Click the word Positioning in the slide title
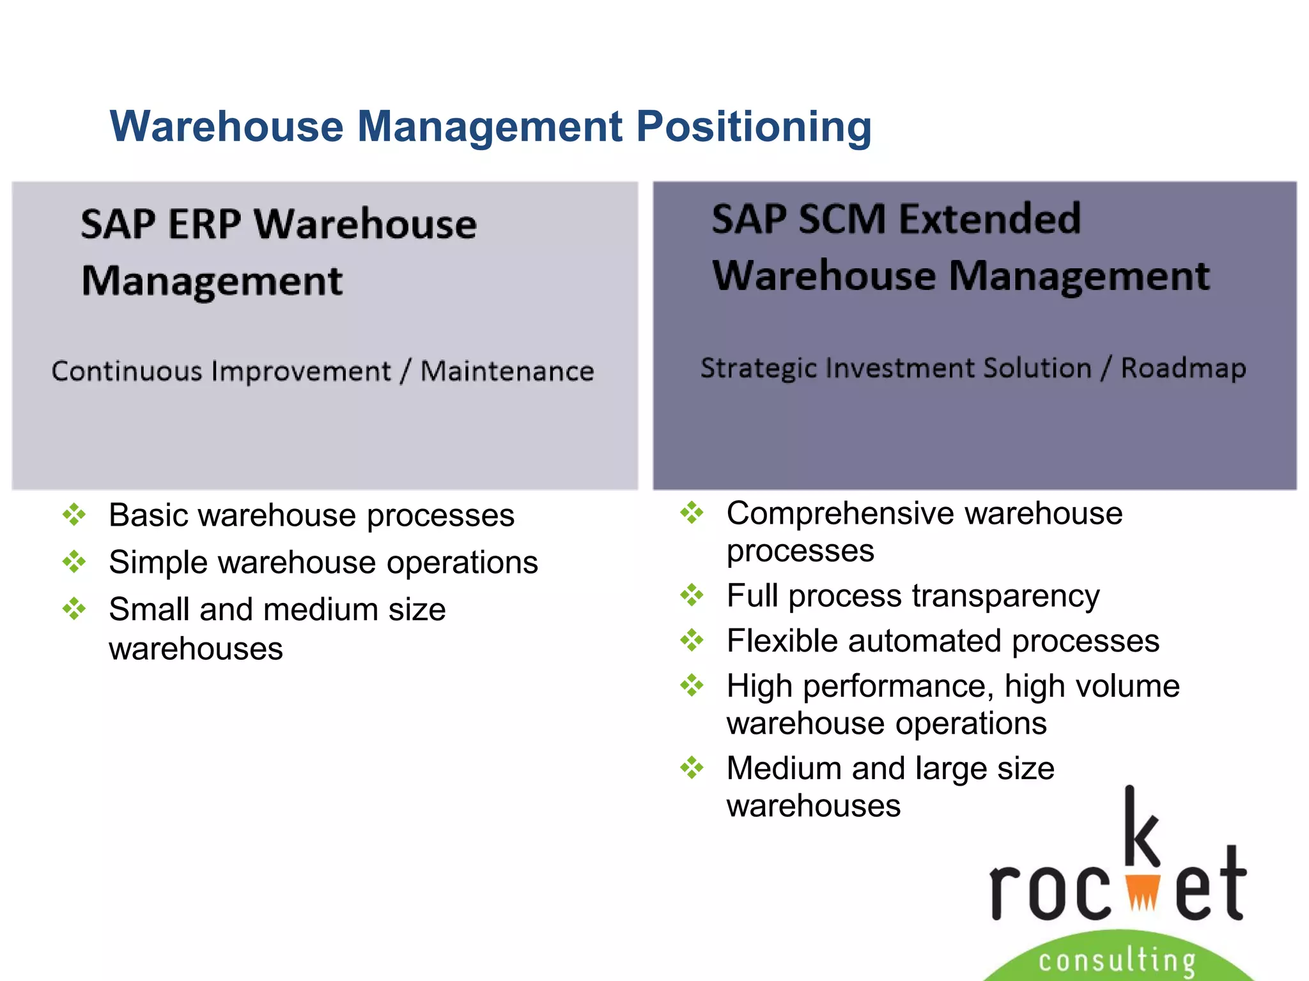coord(754,126)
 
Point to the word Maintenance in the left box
coord(507,371)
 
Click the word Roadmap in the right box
coord(1183,369)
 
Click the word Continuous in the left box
coord(127,371)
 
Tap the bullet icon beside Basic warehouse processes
coord(74,515)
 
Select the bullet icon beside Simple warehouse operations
coord(74,562)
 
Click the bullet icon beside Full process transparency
coord(692,595)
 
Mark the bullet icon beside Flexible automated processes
coord(692,640)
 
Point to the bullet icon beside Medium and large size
coord(692,768)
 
